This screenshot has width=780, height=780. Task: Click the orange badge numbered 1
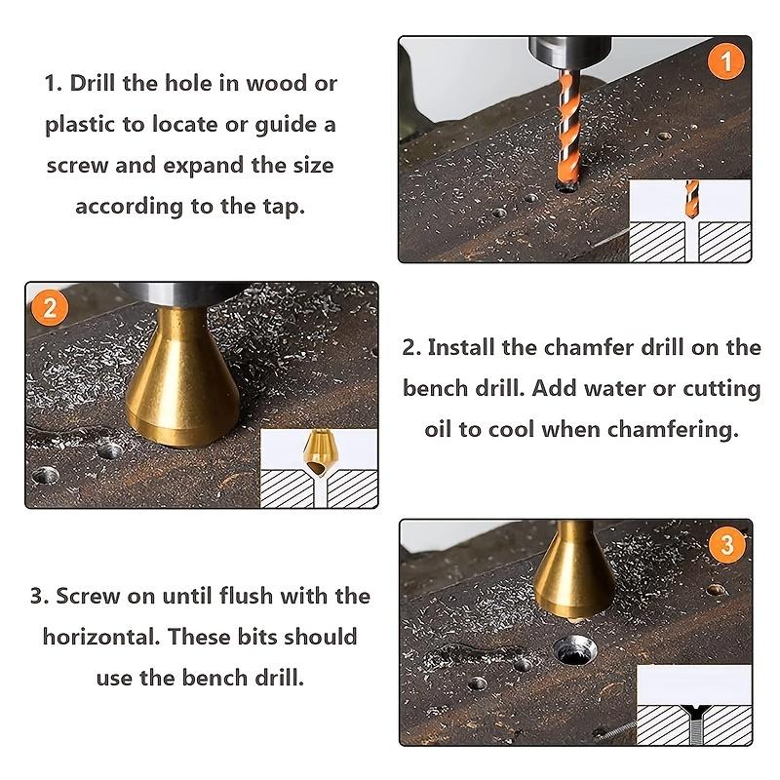coord(726,61)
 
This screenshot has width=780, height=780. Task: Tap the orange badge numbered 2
coord(50,308)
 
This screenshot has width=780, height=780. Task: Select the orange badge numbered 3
coord(726,545)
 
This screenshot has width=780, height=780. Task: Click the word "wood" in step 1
coord(276,83)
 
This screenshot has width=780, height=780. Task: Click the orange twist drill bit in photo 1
coord(568,129)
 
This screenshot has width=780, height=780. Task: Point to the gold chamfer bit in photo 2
coord(181,377)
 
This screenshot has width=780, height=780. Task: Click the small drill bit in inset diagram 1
coord(691,199)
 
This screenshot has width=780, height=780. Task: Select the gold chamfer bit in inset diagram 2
coord(319,453)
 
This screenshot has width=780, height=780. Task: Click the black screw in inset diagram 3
coord(696,722)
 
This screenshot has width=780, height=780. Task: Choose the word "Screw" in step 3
coord(88,596)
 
